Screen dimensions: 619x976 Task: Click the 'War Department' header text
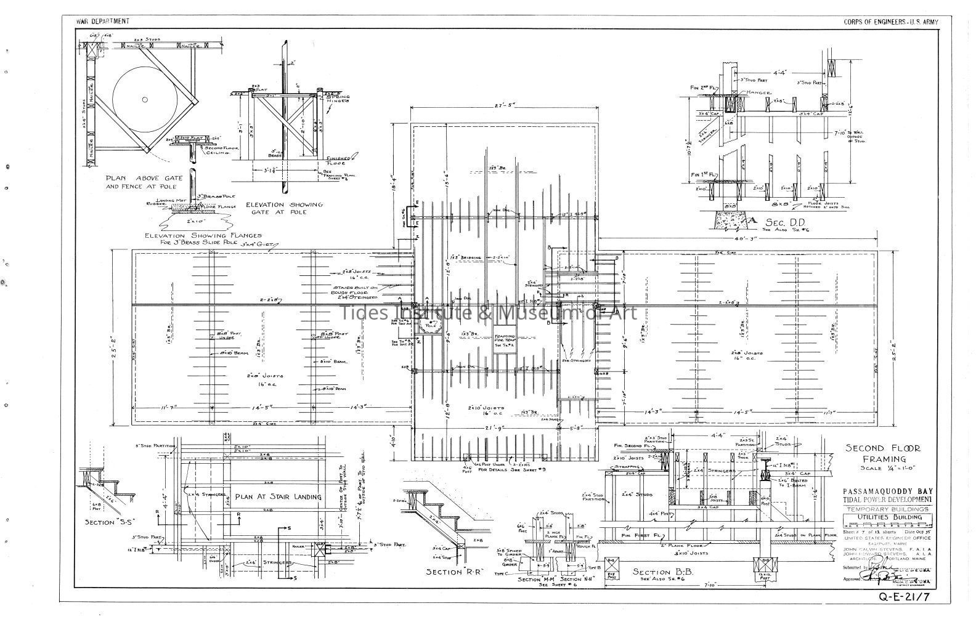[102, 22]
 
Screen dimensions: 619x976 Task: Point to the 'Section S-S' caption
[109, 522]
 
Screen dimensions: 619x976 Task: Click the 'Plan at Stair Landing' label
[279, 496]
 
